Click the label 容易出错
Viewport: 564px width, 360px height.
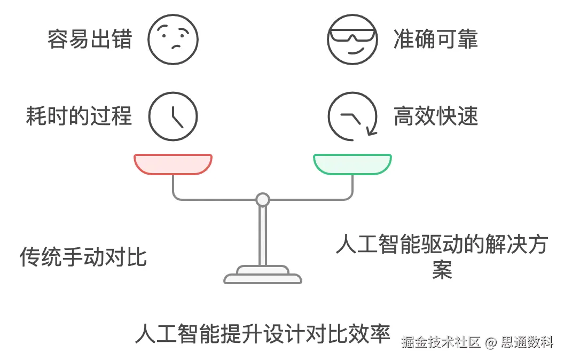coord(90,40)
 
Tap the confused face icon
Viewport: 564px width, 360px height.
coord(173,39)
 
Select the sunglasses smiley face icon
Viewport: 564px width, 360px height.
coord(352,39)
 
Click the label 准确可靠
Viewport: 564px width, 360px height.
coord(435,40)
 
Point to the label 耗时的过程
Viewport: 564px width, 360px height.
coord(79,116)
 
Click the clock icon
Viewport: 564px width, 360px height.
coord(173,116)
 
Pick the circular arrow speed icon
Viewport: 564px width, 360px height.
coord(352,116)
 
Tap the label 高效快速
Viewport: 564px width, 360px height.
coord(435,116)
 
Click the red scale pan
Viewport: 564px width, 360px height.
coord(173,164)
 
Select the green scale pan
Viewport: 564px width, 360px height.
coord(352,164)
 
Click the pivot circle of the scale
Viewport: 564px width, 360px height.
coord(262,200)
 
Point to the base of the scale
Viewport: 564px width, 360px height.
coord(262,276)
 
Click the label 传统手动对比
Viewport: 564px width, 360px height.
coord(83,257)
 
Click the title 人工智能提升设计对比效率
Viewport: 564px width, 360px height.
coord(262,333)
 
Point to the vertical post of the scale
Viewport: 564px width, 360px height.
coord(262,235)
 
